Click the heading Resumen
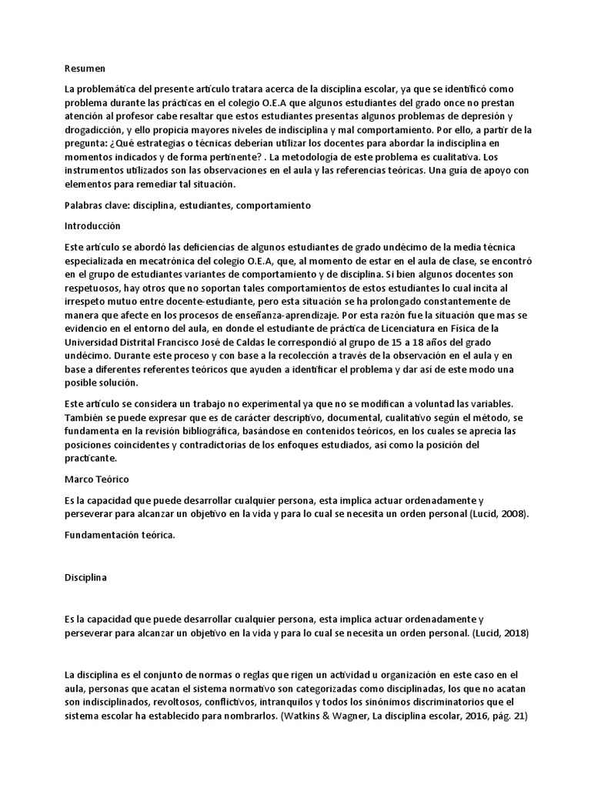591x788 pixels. [85, 68]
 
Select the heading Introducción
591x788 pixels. [94, 226]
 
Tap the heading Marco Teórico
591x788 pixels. [96, 479]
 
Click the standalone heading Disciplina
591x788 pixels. [86, 579]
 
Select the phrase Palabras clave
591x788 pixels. [98, 205]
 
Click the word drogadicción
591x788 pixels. [95, 130]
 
